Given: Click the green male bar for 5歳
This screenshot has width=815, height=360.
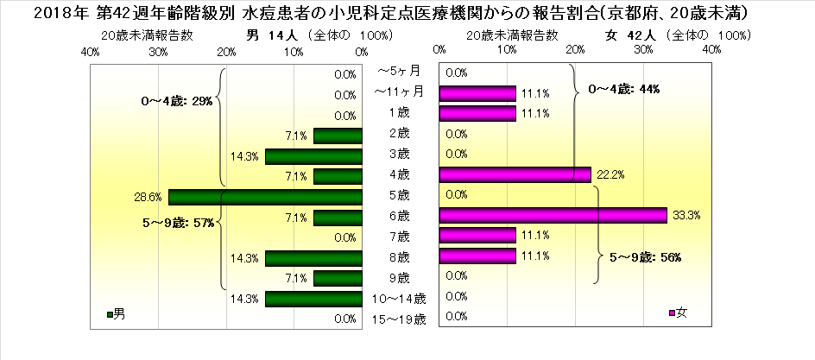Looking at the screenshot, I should (x=265, y=197).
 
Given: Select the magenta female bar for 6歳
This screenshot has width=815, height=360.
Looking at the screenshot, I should (x=553, y=215).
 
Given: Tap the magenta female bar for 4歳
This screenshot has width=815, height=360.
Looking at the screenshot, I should (x=515, y=175).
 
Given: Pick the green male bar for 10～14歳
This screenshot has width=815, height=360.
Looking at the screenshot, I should (x=313, y=299).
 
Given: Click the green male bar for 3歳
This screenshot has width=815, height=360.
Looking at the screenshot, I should (x=313, y=156).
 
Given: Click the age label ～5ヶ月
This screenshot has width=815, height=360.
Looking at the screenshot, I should (x=400, y=71).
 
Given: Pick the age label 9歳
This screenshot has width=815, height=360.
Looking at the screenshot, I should (x=400, y=278).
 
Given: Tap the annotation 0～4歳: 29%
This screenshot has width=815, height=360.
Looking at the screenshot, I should (x=175, y=101).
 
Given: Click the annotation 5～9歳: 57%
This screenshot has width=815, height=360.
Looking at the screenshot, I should (x=177, y=223).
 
